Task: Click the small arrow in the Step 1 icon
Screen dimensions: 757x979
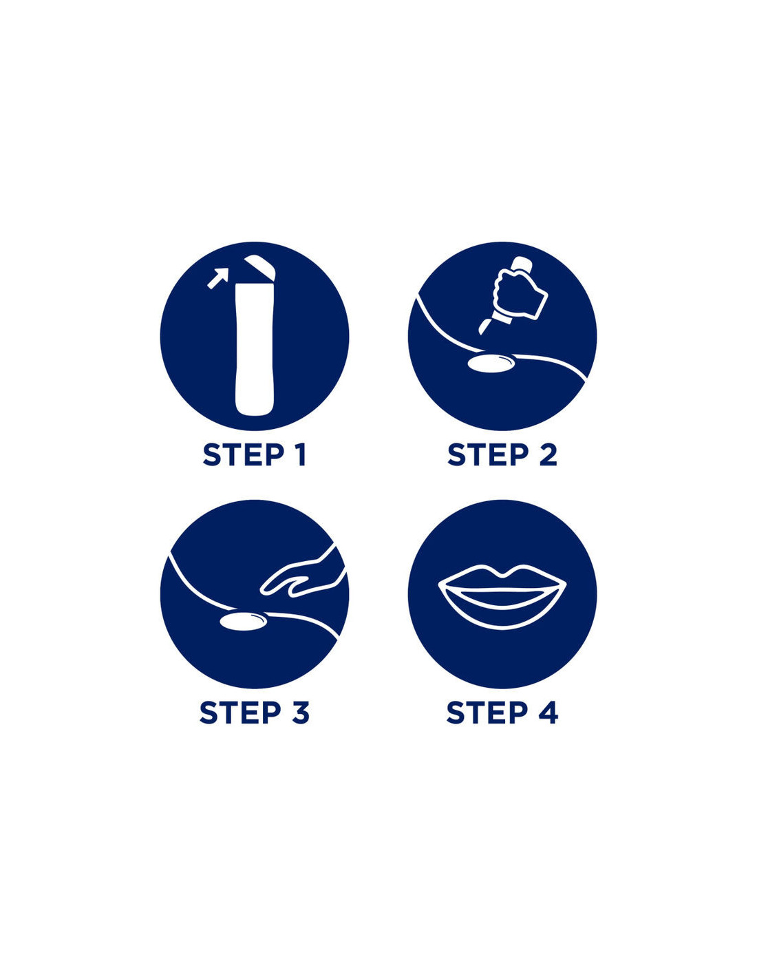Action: coord(218,277)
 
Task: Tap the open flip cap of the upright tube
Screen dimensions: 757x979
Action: coord(260,267)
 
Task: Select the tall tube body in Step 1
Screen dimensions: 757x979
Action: coord(255,348)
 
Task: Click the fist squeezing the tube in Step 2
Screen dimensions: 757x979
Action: coord(520,293)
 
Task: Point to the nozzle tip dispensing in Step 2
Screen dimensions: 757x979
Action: coord(484,326)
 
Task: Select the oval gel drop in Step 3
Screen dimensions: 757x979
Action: coord(243,621)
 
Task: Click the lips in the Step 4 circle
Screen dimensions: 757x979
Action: coord(502,596)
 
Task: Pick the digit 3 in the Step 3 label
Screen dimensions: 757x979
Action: coord(299,713)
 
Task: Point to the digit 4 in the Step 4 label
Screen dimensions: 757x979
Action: coord(548,713)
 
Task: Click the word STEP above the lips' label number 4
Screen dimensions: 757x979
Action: coord(487,713)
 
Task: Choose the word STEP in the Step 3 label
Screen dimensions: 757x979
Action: coord(239,713)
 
